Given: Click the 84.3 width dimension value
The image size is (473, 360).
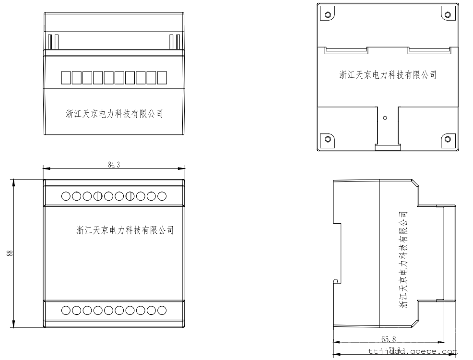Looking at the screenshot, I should point(114,164).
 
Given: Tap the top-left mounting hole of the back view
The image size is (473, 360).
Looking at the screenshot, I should point(328,14).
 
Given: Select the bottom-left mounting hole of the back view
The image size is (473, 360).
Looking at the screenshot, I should point(328,139).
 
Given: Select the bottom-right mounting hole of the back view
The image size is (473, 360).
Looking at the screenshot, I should point(447,139).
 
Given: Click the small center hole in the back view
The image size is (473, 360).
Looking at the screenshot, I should point(385,117).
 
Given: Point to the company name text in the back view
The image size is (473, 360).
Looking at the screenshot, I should point(388,75).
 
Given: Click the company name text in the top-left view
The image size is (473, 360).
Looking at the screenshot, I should point(115,114).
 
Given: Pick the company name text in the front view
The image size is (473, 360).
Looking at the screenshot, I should point(125,230).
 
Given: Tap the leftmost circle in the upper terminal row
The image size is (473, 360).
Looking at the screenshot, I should point(66,196).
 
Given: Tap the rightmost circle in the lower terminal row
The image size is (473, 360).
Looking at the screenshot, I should point(162,311).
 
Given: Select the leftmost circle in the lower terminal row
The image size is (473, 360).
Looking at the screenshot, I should point(66,311).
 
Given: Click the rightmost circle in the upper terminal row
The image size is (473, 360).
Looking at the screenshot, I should point(162,196).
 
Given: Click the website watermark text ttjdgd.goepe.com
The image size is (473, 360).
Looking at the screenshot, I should point(413,351).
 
